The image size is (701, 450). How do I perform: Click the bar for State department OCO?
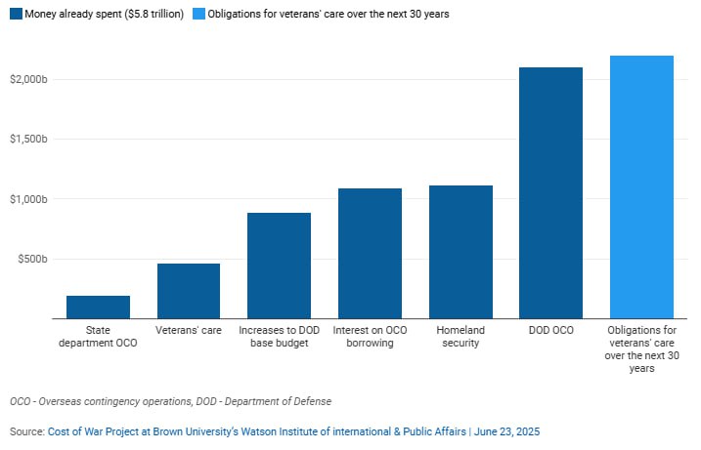click(x=98, y=307)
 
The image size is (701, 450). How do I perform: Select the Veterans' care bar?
click(x=189, y=291)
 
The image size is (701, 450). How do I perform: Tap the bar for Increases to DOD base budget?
click(x=279, y=266)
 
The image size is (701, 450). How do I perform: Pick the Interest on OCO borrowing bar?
click(x=370, y=253)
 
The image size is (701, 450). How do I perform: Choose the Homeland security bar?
click(x=460, y=252)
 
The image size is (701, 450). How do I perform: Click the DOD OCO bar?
click(x=551, y=192)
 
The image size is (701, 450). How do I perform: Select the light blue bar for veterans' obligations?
click(x=641, y=186)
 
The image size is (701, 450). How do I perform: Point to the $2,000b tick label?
click(x=27, y=78)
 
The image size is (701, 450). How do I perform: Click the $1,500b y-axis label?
click(x=27, y=139)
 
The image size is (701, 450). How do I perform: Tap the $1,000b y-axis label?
click(x=27, y=199)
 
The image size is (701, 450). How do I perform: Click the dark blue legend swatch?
click(x=16, y=15)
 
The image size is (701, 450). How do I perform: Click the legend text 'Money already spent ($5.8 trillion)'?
click(x=104, y=15)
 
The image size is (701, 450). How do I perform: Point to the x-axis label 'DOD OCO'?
click(x=551, y=330)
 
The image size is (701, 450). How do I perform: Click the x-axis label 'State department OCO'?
click(x=98, y=337)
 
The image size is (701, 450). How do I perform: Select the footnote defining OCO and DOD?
click(x=171, y=401)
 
